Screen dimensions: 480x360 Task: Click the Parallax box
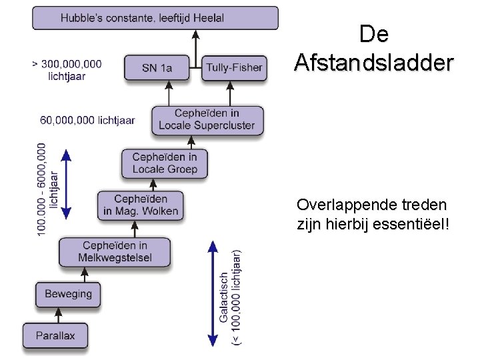pos(55,335)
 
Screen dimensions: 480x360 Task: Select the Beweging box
pos(68,294)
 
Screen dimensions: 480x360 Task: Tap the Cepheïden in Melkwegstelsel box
pos(115,252)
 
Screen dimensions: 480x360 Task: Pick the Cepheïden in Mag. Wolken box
pos(141,205)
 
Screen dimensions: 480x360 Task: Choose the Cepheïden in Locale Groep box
pos(165,163)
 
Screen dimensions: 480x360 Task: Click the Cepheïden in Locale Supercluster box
pos(207,119)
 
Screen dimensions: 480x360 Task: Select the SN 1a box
pos(157,67)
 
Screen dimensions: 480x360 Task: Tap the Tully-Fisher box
pos(234,67)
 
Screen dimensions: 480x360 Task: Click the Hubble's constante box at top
pos(155,18)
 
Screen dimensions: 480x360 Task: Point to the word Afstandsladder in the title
pos(374,63)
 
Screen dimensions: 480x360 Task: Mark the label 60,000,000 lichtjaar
pos(87,120)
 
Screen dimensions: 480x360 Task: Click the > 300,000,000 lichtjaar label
pos(67,69)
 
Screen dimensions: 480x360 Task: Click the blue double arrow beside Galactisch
pos(212,294)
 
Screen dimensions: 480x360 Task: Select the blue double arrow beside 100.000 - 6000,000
pos(65,185)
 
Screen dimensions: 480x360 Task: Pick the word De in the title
pos(373,33)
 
